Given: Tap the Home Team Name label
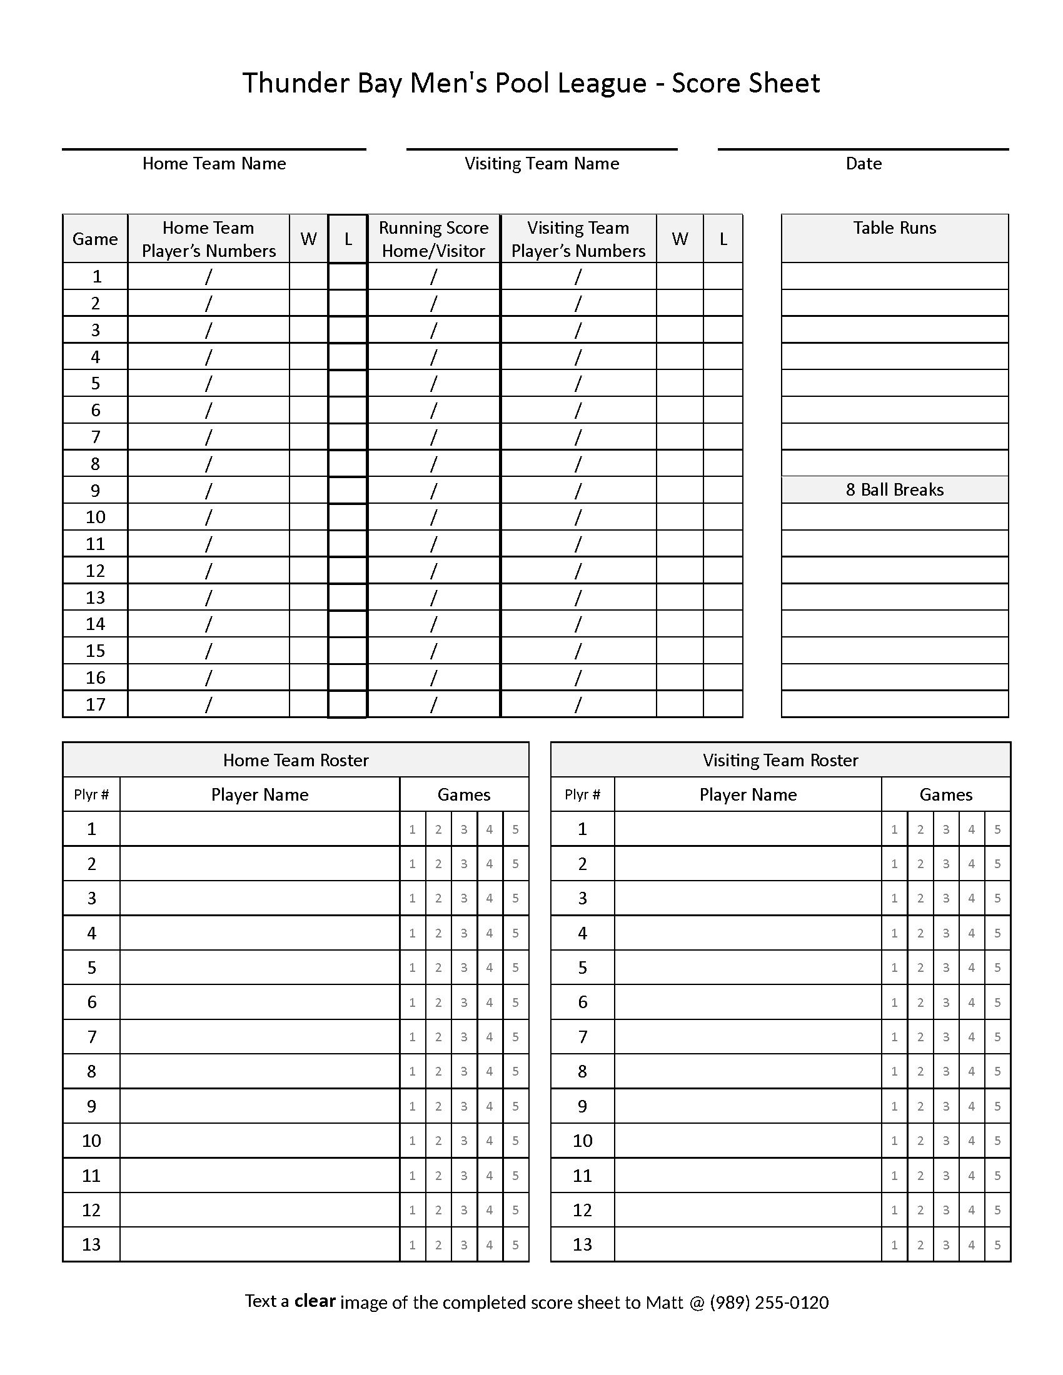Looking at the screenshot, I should [x=214, y=164].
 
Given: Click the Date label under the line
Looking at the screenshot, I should [x=864, y=164].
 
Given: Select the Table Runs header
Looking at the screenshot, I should [x=894, y=228].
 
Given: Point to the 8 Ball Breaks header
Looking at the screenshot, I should [x=894, y=490].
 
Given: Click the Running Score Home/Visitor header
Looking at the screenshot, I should [x=433, y=239].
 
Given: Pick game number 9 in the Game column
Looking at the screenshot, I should [x=95, y=491].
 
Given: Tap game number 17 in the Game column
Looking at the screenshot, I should [x=95, y=704].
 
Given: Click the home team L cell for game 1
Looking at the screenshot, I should [x=348, y=276].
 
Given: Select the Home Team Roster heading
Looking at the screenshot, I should [x=295, y=760].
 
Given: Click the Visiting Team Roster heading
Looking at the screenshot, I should [x=780, y=760].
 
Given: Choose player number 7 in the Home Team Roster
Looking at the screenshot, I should [x=91, y=1037].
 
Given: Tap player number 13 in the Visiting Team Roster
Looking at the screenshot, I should [x=582, y=1244].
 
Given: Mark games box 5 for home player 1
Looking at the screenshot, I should [x=515, y=829].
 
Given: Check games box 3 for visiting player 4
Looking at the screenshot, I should [x=946, y=933].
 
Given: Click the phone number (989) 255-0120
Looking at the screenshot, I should [x=769, y=1302].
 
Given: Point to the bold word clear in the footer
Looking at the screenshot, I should [x=315, y=1301].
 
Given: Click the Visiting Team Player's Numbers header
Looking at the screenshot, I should [x=578, y=239].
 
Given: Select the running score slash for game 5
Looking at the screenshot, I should [x=433, y=383].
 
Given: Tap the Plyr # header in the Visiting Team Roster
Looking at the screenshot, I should [x=582, y=794].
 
